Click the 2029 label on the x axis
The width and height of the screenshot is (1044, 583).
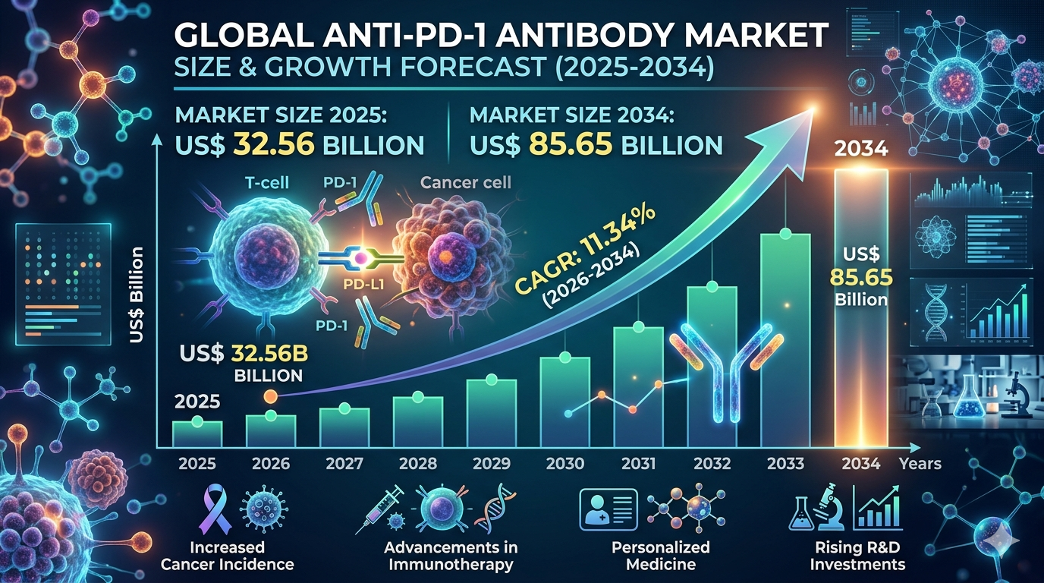pos(492,464)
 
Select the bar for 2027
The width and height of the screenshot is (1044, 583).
pos(344,427)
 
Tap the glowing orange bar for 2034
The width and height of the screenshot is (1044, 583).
pos(861,308)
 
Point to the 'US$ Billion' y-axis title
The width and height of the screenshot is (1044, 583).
pos(136,295)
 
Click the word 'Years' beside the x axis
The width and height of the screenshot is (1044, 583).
pos(920,464)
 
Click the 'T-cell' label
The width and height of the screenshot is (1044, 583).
pos(267,182)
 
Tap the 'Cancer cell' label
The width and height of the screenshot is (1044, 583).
pos(465,182)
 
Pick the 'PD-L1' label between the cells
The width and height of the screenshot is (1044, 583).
pos(363,284)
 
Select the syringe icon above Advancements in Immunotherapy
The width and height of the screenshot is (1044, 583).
pos(380,509)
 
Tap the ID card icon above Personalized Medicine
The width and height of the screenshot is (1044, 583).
pos(608,510)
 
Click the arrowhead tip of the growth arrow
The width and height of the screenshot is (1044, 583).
pos(814,109)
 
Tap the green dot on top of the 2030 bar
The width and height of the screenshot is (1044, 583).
pos(565,358)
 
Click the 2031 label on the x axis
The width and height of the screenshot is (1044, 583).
pos(639,464)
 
